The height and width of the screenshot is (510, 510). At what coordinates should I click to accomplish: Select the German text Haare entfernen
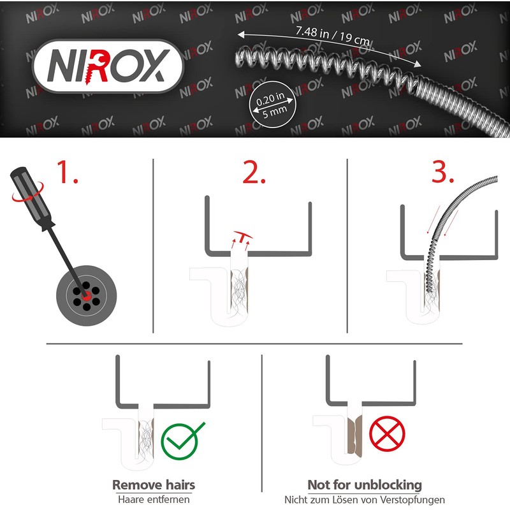(154, 500)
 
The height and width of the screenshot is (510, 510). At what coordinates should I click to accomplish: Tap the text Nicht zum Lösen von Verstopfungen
(365, 500)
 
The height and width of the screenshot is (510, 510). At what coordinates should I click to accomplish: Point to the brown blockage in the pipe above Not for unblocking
(355, 433)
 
